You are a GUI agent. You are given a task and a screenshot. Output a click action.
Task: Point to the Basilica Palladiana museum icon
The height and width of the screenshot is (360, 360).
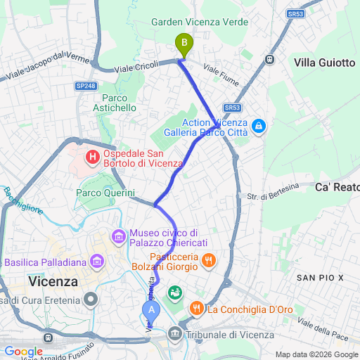[97, 262]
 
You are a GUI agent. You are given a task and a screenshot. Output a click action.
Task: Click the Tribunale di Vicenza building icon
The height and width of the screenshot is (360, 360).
[174, 335]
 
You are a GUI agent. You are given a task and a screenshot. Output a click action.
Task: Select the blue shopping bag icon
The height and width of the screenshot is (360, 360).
[259, 127]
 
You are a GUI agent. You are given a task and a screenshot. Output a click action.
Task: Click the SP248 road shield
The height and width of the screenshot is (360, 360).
[85, 86]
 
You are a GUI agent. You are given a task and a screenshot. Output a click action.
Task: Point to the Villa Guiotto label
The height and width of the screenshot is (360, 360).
[324, 63]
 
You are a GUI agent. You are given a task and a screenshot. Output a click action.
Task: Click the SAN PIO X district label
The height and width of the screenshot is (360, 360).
[320, 278]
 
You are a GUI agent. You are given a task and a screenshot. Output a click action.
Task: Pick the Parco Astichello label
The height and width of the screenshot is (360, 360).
[115, 103]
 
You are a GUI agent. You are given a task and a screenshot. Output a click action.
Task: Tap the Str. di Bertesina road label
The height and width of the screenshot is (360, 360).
[275, 191]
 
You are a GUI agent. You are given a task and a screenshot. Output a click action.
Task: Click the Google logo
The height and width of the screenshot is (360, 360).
[23, 352]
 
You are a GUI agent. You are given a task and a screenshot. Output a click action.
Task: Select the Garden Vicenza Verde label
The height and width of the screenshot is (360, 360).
[200, 22]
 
